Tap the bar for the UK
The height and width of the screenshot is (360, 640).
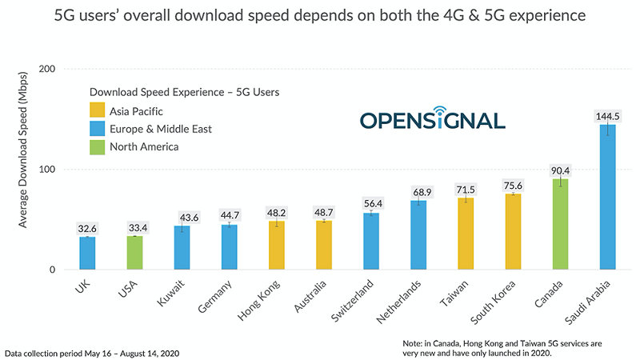click(x=87, y=254)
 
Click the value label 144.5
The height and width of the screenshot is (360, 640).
click(x=607, y=117)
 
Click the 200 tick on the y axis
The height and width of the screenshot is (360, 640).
click(x=46, y=70)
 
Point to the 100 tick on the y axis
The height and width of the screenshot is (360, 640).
click(x=46, y=170)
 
